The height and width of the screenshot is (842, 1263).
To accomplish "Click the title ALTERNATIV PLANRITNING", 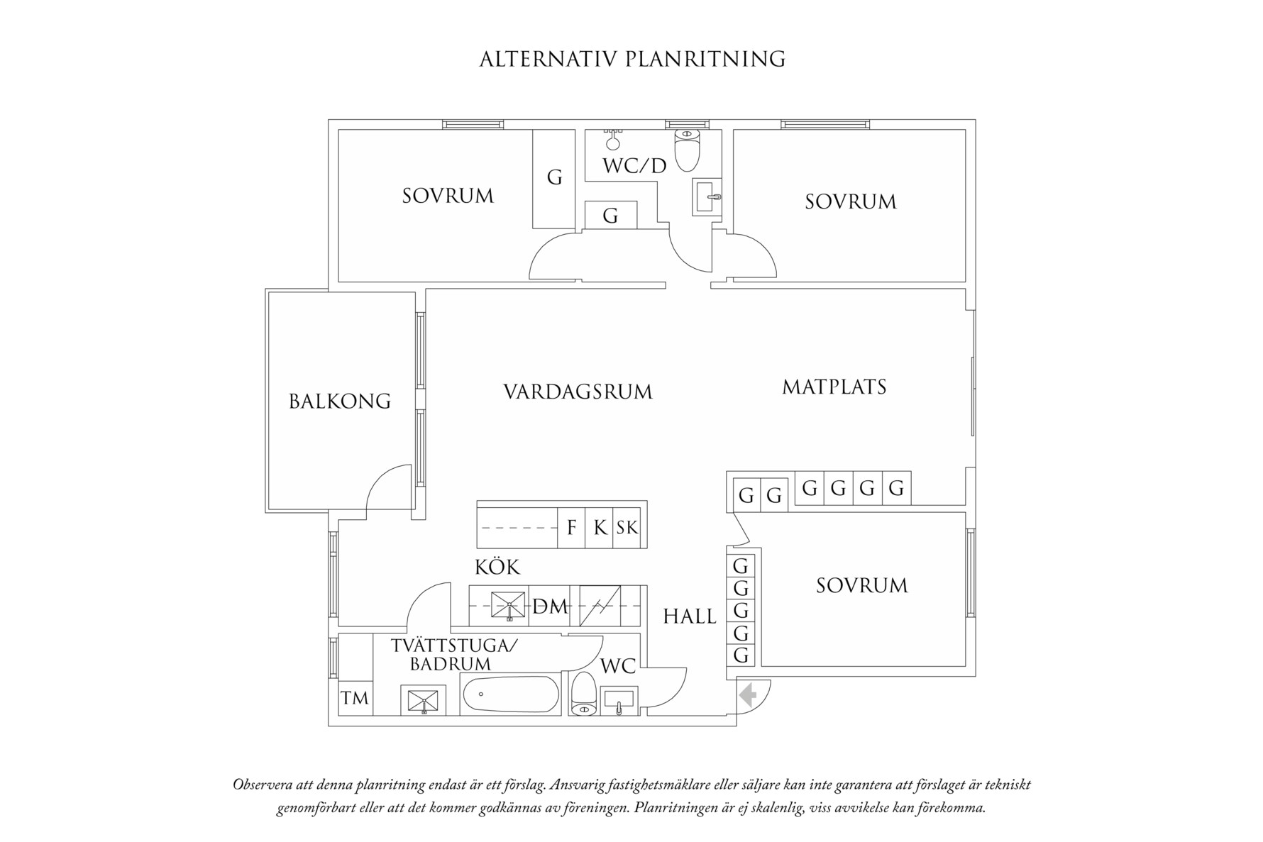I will (632, 59).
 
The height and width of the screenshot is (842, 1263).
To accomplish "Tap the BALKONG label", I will (340, 401).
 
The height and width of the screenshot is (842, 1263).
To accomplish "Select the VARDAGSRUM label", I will (578, 392).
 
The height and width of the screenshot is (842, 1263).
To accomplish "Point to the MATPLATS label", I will (834, 387).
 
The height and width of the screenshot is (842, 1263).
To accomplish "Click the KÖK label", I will (497, 567).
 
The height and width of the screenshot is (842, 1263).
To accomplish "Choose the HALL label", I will (690, 616).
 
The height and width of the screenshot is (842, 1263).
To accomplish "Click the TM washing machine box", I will (355, 698).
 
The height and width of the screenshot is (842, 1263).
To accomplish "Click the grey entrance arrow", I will (746, 695).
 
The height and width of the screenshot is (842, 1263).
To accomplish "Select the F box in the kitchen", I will (571, 528).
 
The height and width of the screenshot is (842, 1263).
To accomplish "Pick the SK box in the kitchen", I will (627, 528).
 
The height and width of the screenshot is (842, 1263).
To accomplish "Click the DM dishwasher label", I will (551, 606).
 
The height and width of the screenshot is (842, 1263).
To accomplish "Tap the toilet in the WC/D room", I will (687, 149).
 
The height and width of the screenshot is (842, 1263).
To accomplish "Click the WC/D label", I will (634, 166).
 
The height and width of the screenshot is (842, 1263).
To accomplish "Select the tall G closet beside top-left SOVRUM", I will (554, 177).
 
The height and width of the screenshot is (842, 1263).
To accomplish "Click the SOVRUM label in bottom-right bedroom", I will (861, 586).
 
